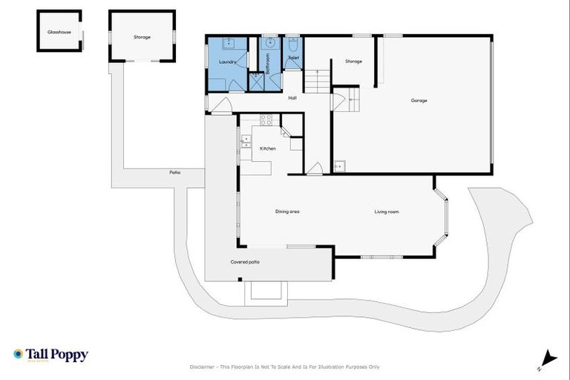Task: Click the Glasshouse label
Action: [x=59, y=33]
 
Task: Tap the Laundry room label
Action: [x=227, y=62]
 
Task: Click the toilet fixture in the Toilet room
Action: [x=293, y=42]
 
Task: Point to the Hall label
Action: [x=292, y=97]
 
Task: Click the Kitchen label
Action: [x=267, y=148]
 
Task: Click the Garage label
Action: [x=419, y=100]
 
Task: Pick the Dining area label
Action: [x=287, y=212]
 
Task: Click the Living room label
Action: [x=387, y=212]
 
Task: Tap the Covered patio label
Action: [x=244, y=261]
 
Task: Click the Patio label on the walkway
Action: [x=175, y=172]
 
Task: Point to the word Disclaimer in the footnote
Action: [x=205, y=367]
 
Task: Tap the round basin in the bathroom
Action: [x=271, y=43]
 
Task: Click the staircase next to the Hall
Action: [x=317, y=81]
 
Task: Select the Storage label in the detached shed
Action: [x=142, y=36]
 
